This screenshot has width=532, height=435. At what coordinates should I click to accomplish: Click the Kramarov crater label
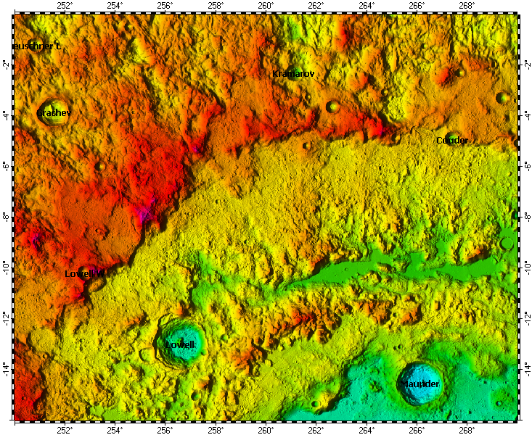pos(293,74)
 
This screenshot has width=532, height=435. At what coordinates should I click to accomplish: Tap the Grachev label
pos(54,113)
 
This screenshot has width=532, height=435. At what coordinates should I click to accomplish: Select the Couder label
pos(452,140)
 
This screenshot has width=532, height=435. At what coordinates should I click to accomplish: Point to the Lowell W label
pos(85,273)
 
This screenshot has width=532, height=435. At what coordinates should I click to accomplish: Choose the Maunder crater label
pos(420,383)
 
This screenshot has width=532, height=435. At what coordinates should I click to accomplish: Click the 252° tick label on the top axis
pos(64,6)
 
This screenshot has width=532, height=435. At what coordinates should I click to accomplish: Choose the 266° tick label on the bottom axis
pos(417,429)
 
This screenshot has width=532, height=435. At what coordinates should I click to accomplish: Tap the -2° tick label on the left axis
pos(6,65)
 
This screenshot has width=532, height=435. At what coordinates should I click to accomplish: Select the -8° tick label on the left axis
pos(6,216)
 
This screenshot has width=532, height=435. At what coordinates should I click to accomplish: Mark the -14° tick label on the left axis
pos(6,368)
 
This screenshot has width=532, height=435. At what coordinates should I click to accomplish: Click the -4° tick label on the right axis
pos(525,115)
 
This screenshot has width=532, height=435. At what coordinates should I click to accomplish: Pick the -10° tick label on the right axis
pos(525,267)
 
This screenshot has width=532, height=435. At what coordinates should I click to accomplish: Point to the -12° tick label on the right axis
pos(525,318)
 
